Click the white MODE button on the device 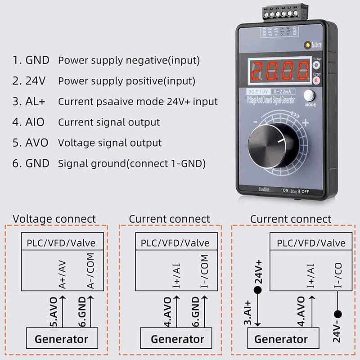coord(309,96)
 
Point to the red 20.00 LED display coord(279,71)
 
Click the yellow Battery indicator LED coord(307,45)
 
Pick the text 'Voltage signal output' coord(110,143)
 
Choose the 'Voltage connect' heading coord(54,219)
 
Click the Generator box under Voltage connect coord(61,339)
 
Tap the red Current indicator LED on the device coord(317,81)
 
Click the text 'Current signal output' coord(109,122)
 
